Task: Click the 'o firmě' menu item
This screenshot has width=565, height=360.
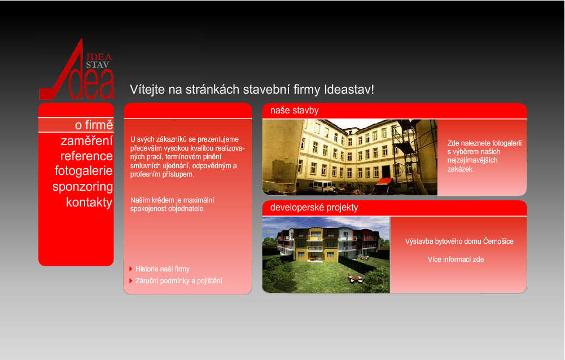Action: click(x=94, y=125)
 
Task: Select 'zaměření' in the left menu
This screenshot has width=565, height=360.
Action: click(x=86, y=141)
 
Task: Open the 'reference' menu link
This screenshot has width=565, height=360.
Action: click(x=86, y=156)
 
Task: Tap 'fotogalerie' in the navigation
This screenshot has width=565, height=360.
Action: click(x=84, y=171)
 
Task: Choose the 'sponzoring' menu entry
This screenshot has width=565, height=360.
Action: click(x=82, y=187)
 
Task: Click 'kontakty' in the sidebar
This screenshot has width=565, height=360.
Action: click(x=89, y=202)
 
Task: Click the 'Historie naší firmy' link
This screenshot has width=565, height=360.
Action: click(x=162, y=269)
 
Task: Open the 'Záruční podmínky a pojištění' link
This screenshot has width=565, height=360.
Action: click(x=179, y=280)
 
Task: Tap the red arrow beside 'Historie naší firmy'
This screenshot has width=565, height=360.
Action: click(x=131, y=269)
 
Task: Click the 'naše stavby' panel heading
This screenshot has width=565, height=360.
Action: click(x=295, y=110)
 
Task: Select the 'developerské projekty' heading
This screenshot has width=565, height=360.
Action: click(x=314, y=208)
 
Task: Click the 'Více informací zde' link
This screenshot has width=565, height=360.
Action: click(x=455, y=259)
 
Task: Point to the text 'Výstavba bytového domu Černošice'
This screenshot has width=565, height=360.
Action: click(x=459, y=241)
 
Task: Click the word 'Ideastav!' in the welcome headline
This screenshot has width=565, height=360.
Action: click(x=349, y=89)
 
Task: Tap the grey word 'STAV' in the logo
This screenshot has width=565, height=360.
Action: click(x=97, y=65)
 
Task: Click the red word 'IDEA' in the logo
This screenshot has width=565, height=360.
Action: click(x=99, y=56)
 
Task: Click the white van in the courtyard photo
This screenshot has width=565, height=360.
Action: click(x=322, y=186)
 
